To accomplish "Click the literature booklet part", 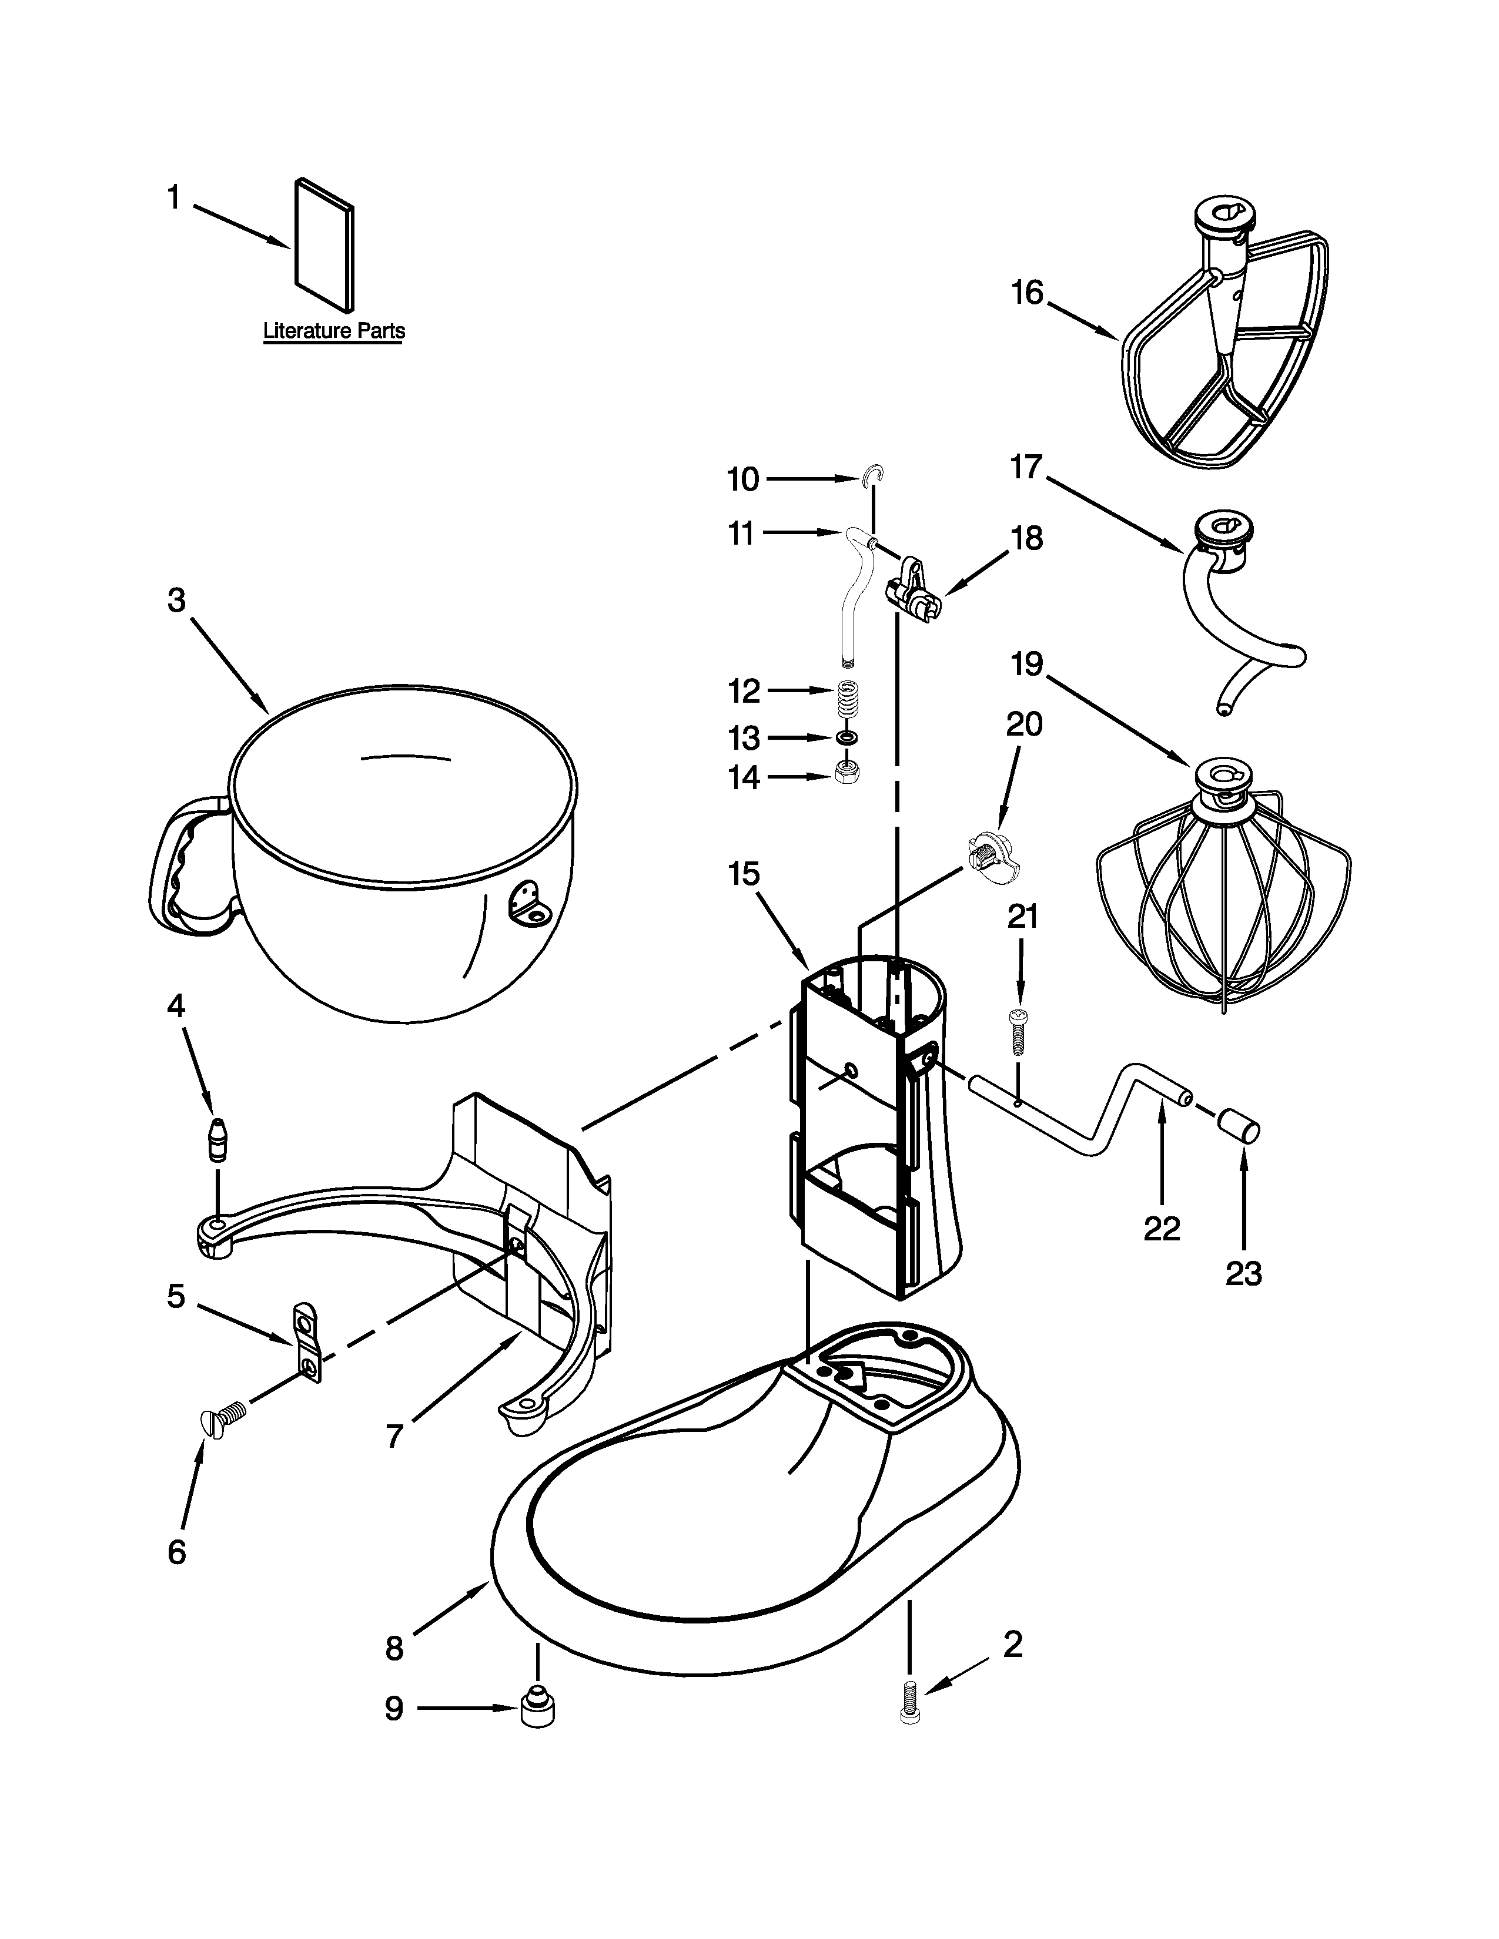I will point(324,242).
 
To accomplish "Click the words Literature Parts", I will point(334,331).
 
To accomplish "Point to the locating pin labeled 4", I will point(217,1141).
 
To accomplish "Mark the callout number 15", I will point(744,874).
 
